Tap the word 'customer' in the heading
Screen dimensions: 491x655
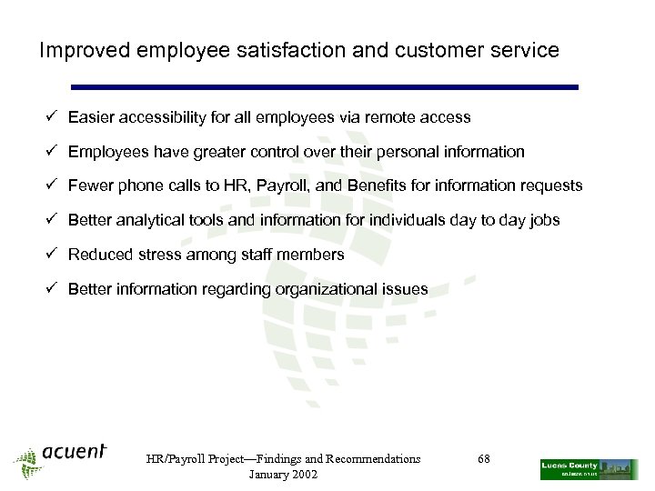point(434,51)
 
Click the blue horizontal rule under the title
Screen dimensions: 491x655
point(324,87)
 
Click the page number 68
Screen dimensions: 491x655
point(483,459)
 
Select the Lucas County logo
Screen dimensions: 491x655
point(589,469)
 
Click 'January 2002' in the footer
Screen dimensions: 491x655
point(283,476)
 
